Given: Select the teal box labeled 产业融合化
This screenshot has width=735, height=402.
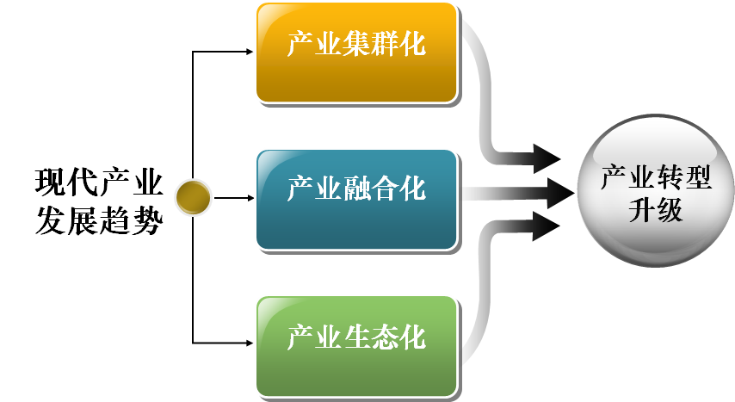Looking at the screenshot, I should (x=355, y=199).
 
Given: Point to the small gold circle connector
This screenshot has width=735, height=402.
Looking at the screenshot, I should (x=193, y=198).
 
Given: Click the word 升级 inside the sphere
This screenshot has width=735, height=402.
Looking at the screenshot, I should (x=656, y=209).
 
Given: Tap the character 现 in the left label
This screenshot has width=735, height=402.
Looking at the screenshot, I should (x=51, y=183).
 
